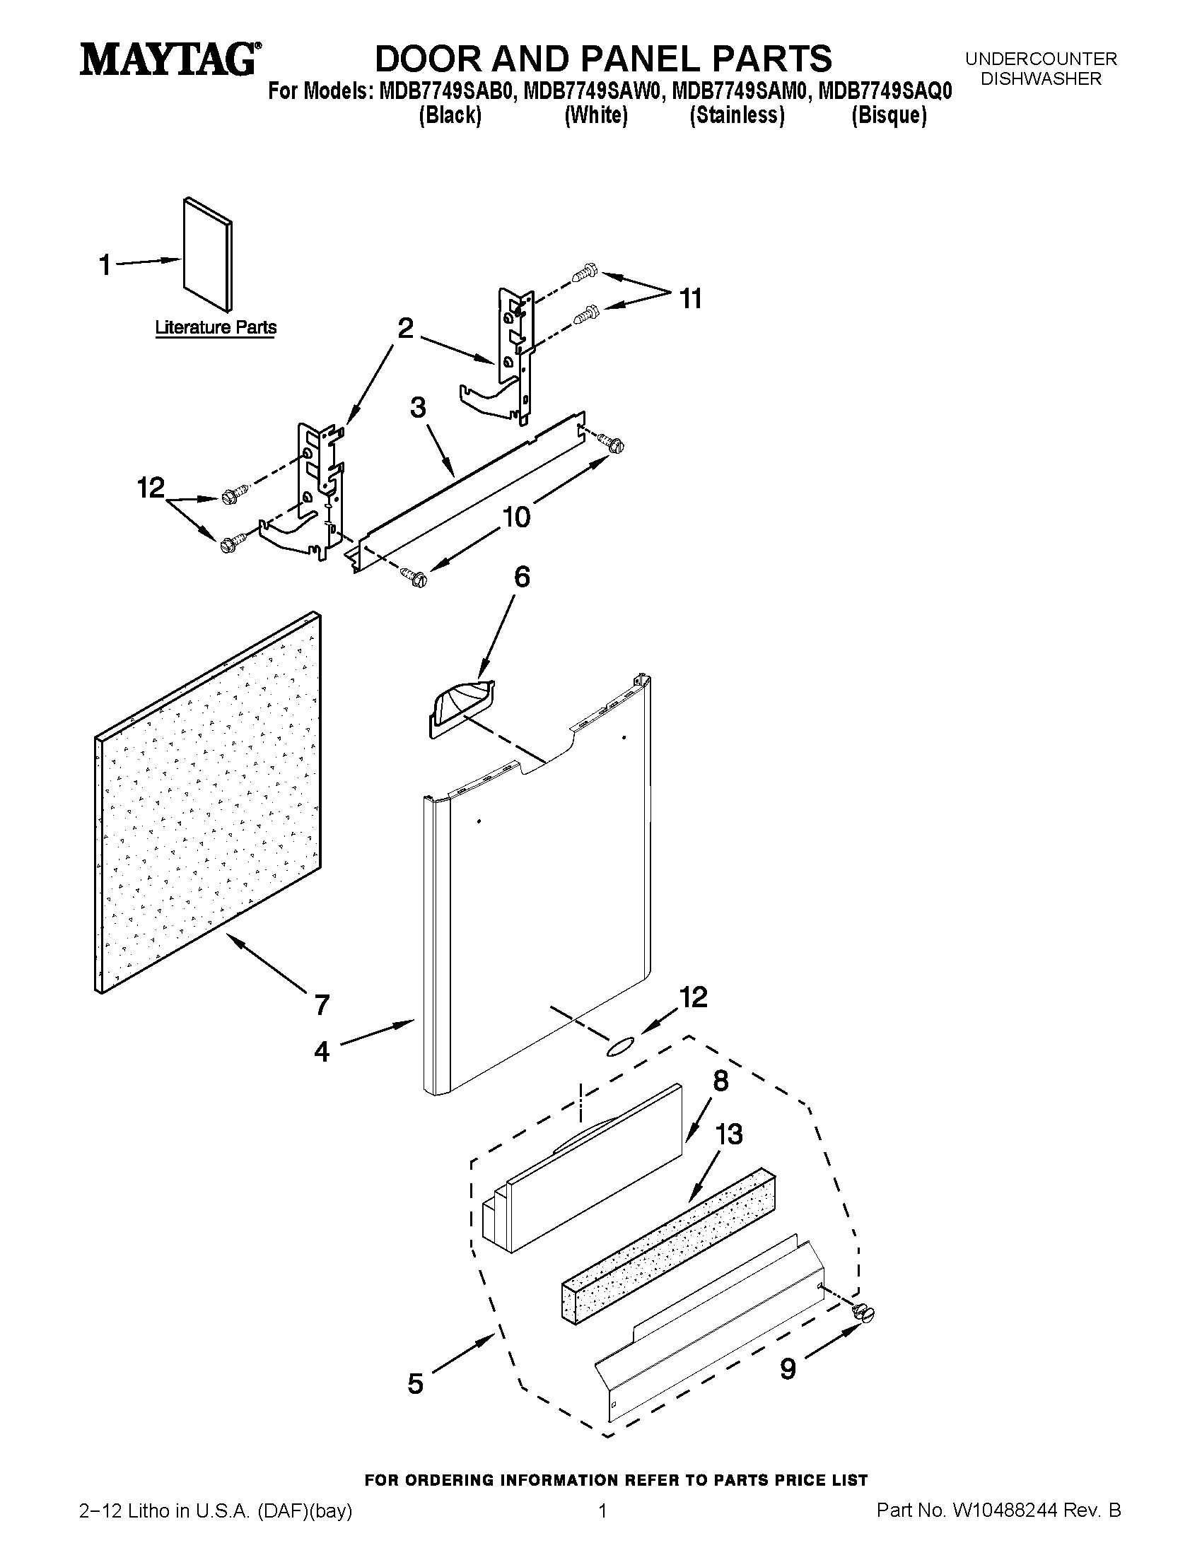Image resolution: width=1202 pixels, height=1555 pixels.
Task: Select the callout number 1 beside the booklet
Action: (x=105, y=265)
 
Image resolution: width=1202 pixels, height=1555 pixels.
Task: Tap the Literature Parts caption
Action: (x=216, y=327)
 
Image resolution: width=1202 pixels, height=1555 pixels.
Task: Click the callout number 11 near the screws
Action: (x=690, y=299)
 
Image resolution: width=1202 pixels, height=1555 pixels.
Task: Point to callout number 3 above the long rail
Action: (x=418, y=408)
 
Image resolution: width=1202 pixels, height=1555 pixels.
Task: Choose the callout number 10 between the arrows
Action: (x=516, y=517)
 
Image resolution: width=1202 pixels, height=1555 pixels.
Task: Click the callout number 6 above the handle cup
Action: (x=521, y=577)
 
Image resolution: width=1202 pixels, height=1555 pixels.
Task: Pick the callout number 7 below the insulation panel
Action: (x=322, y=1004)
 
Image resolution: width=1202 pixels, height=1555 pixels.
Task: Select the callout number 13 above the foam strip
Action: (x=728, y=1134)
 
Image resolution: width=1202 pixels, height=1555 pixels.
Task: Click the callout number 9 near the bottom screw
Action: (x=787, y=1368)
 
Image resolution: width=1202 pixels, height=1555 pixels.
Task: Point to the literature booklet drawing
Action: (x=207, y=254)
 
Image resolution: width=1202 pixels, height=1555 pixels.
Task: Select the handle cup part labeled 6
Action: (x=461, y=708)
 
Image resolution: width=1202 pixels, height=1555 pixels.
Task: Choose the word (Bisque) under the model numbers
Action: (x=889, y=115)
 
